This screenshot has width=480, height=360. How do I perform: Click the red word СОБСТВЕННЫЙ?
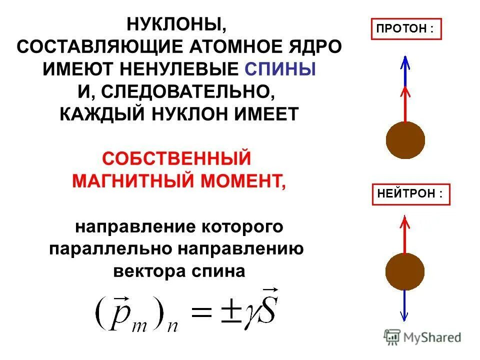pyautogui.click(x=176, y=158)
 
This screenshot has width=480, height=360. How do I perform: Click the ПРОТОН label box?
pyautogui.click(x=406, y=29)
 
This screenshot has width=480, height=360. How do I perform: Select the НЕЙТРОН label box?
pyautogui.click(x=411, y=194)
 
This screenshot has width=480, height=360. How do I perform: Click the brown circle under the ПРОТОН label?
pyautogui.click(x=405, y=138)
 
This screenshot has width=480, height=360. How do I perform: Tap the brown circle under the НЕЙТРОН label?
pyautogui.click(x=405, y=271)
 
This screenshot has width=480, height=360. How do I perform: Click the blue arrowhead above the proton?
pyautogui.click(x=405, y=62)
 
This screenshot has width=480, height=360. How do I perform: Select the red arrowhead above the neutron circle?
pyautogui.click(x=405, y=220)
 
